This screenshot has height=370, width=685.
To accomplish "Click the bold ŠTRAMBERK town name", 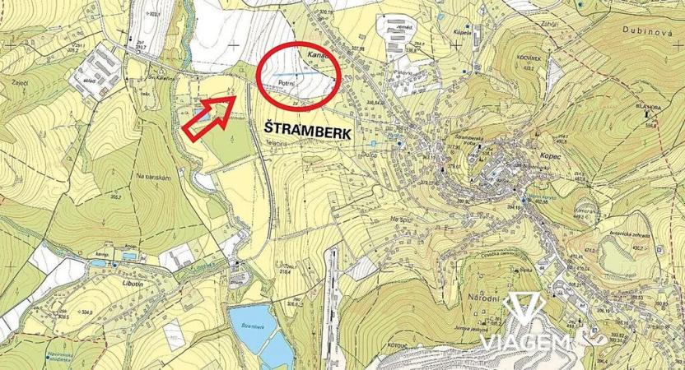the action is [307, 129].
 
